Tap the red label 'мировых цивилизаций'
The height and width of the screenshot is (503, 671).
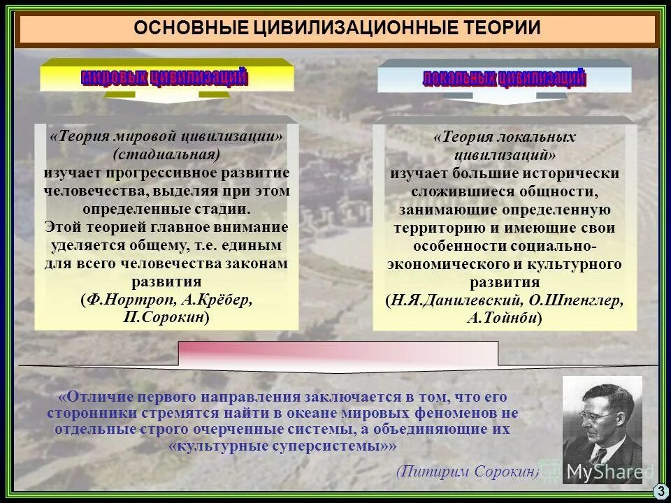coord(164,76)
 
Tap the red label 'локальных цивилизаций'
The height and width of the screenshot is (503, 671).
coord(504,78)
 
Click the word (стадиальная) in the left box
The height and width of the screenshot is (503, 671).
coord(166,154)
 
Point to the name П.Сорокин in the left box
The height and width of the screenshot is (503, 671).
coord(166,316)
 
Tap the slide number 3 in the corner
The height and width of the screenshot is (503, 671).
coord(660,492)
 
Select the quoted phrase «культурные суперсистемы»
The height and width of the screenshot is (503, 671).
coord(283,446)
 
